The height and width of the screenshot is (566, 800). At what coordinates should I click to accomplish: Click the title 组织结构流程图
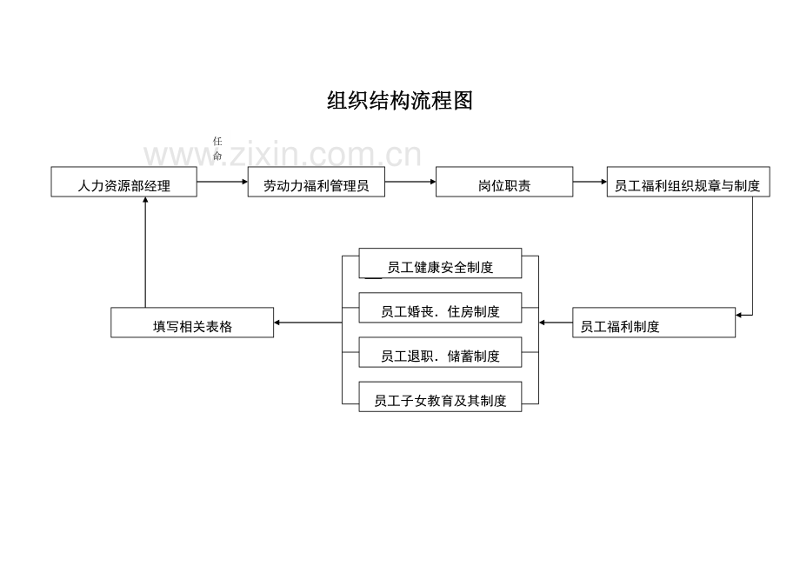click(x=399, y=101)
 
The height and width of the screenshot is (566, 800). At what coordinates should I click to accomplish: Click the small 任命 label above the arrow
click(x=217, y=149)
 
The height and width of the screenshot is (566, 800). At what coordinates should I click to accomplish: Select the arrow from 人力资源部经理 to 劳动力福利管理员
click(x=222, y=182)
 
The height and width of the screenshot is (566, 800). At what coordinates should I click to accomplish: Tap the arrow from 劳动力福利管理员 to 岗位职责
click(x=410, y=182)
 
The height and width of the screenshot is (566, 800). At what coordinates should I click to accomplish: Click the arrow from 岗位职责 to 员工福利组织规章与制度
click(x=590, y=182)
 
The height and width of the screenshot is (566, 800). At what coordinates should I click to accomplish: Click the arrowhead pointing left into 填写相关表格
click(x=278, y=323)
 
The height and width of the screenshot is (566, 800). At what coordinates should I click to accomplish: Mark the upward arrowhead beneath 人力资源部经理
click(x=145, y=201)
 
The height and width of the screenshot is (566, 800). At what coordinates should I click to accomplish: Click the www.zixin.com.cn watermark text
click(x=283, y=155)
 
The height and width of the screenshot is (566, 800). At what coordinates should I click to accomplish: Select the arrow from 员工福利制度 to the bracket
click(x=556, y=323)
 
